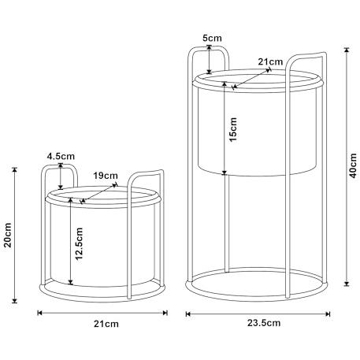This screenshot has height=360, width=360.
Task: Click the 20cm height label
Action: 8,235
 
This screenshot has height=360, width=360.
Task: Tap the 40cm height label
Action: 354,165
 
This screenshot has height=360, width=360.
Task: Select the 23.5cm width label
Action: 264,323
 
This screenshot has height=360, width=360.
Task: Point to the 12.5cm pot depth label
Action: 79,243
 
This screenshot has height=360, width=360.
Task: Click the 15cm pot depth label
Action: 233,129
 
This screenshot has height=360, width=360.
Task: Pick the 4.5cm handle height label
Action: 61,156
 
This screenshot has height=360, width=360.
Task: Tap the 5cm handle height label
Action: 212,38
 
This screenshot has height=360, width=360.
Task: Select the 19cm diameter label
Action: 106,176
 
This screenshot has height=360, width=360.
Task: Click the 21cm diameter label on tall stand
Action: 270,61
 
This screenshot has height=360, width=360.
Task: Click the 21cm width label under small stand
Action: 106,324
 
